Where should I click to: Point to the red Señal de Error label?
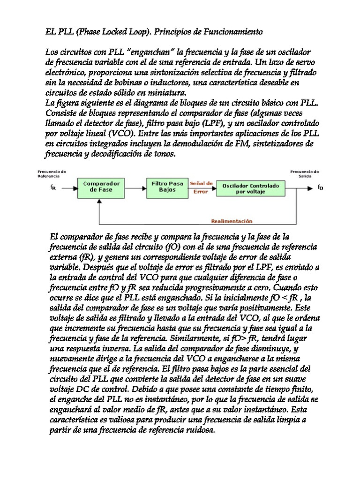point(202,187)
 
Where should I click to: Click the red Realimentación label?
point(232,221)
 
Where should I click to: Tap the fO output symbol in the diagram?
point(320,188)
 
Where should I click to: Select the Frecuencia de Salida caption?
point(305,173)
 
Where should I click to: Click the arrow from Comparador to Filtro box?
point(136,187)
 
